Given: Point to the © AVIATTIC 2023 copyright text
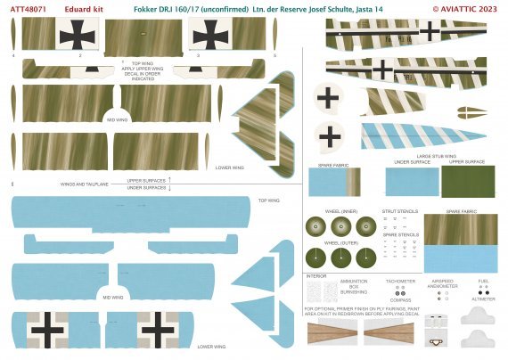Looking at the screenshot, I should click(x=469, y=8).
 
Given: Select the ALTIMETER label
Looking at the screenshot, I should click(x=483, y=299).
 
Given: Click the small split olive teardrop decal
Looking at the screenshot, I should click(x=471, y=111).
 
